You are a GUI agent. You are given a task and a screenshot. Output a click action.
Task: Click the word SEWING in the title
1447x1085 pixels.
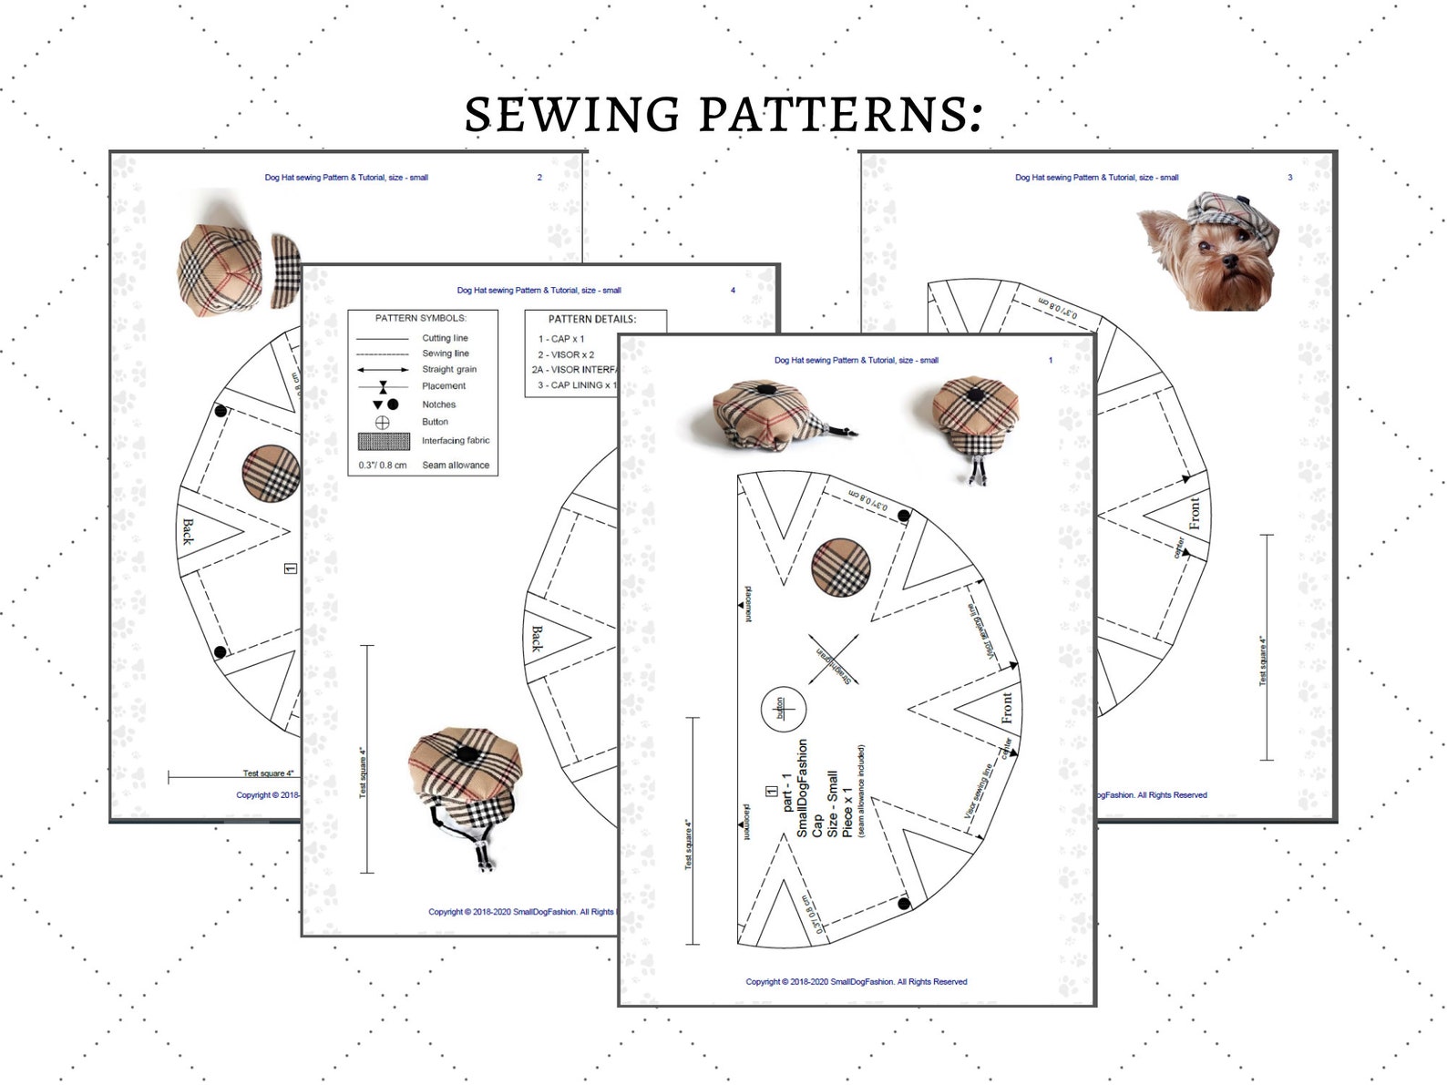click(572, 115)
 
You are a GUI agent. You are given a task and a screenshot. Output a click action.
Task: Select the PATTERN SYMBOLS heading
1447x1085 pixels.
click(421, 318)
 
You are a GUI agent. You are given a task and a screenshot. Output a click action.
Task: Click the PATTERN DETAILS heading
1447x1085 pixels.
click(592, 319)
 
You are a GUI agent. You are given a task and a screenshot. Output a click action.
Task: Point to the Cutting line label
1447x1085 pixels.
click(445, 338)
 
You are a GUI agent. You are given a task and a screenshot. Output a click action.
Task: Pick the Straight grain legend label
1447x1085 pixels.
click(448, 369)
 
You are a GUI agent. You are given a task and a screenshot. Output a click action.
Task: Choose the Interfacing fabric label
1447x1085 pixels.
click(456, 440)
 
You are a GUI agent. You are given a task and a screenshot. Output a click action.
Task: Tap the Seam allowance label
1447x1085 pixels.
click(456, 465)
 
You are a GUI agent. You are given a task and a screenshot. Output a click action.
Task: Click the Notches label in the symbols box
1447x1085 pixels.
click(438, 404)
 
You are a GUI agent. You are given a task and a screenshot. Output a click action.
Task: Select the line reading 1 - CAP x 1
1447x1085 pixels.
click(560, 339)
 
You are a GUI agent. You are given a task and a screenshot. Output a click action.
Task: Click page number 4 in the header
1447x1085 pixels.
click(733, 291)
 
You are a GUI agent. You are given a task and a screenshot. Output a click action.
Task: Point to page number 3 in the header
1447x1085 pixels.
click(1289, 178)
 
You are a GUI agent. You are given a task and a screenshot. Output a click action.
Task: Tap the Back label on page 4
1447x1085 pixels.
click(537, 639)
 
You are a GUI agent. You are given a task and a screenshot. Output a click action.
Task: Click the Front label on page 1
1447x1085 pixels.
click(1006, 708)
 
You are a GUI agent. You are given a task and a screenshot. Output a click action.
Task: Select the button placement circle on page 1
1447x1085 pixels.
click(784, 708)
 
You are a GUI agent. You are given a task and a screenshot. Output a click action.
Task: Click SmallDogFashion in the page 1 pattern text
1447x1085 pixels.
click(802, 789)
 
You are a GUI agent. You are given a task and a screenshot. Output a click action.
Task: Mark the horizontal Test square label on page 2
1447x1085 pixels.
click(268, 773)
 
